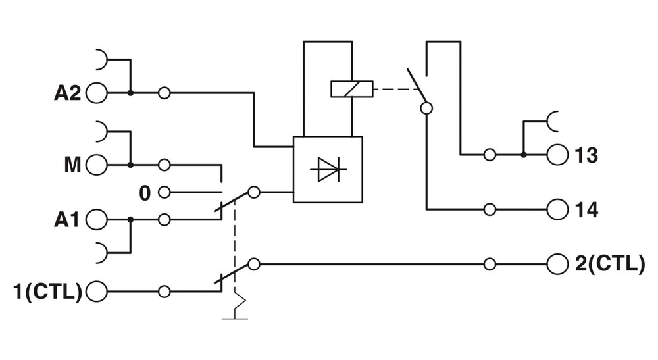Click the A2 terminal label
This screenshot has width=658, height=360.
(x=67, y=93)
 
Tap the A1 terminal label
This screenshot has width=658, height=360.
(x=66, y=220)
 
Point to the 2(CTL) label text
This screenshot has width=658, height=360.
(x=609, y=264)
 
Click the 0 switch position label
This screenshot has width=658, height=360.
(x=145, y=193)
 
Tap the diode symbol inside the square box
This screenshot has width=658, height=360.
(x=328, y=169)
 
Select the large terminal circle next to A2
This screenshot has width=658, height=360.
(x=96, y=93)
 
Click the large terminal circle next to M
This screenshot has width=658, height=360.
(x=96, y=165)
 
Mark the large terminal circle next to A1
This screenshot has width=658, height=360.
(x=96, y=220)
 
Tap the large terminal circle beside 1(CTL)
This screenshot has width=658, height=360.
(x=96, y=290)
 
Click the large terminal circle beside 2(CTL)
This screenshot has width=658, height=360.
(x=556, y=264)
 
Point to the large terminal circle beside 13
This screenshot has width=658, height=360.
(x=556, y=155)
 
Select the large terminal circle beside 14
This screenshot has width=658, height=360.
(x=556, y=210)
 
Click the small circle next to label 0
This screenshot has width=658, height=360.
(x=164, y=193)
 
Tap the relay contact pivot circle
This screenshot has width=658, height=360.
(x=426, y=109)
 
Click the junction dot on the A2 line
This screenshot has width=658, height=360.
(x=130, y=93)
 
